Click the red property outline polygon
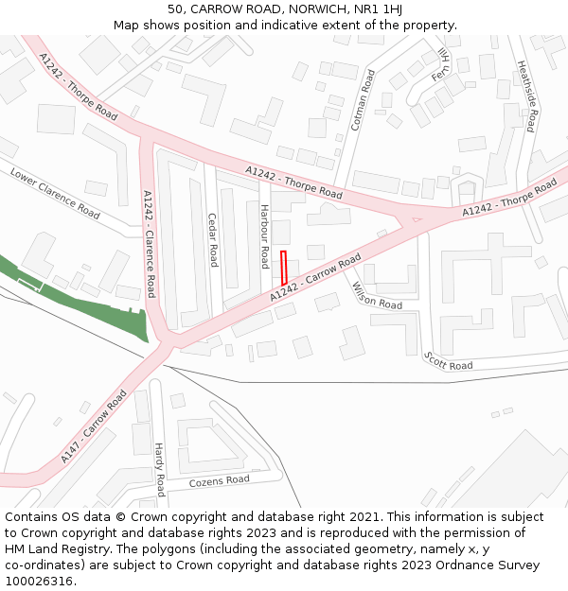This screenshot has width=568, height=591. coord(284,268)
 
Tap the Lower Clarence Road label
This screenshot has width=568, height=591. coord(55,193)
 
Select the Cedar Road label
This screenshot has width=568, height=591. coord(213,240)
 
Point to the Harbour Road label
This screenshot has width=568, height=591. coord(265,235)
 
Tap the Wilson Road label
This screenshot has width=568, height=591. coord(377,296)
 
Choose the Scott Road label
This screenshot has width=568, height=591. coord(449,360)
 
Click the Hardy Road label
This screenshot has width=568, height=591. coord(160,470)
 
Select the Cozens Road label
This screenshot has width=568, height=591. coord(220,480)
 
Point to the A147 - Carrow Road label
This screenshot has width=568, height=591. coord(94,426)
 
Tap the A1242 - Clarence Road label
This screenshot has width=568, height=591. coord(149,243)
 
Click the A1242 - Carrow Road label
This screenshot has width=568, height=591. coord(315,278)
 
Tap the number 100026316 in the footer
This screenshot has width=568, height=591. coord(40,582)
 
